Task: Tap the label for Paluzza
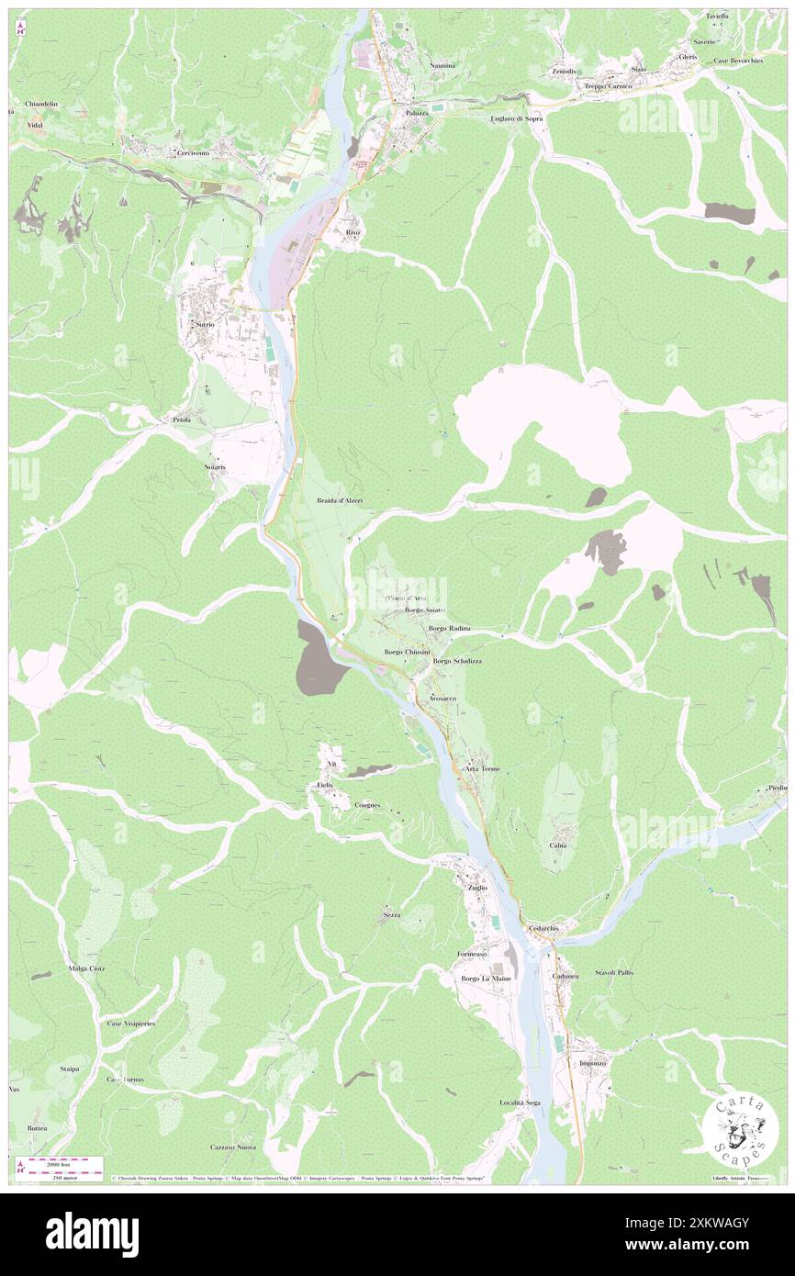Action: point(419,113)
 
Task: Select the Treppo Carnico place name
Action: point(609,86)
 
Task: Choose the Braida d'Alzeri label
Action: point(340,500)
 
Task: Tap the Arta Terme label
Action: point(484,767)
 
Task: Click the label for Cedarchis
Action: point(543,928)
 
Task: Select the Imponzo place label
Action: point(593,1062)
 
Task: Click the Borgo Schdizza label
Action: point(457,661)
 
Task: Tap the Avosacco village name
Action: point(442,699)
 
